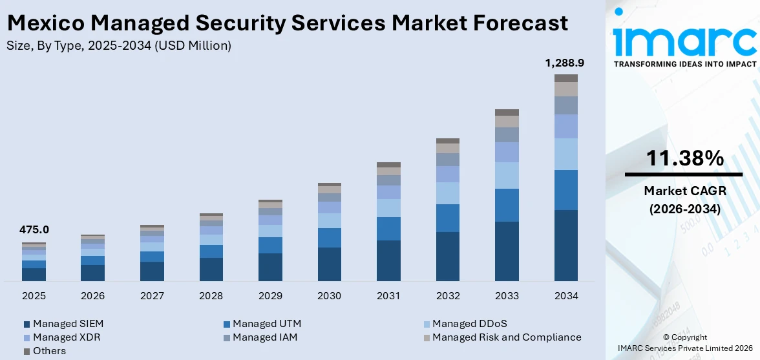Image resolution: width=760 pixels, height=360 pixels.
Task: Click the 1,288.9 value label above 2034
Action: click(x=565, y=63)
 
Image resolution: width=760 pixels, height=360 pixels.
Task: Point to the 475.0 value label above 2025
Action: click(x=34, y=230)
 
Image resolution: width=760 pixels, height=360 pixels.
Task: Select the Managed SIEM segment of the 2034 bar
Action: click(x=566, y=246)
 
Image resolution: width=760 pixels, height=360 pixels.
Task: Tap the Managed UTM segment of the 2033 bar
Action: click(x=507, y=205)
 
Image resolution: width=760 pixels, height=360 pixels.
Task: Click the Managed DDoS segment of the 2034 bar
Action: click(x=566, y=154)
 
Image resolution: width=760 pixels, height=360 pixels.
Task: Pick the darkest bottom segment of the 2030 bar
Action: click(x=329, y=264)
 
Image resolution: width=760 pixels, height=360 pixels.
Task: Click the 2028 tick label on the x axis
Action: click(x=211, y=296)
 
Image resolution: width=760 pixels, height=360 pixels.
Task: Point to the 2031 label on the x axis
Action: click(x=388, y=296)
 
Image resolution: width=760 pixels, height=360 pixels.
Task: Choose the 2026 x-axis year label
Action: click(x=93, y=296)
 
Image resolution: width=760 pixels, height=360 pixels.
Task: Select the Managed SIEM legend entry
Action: click(x=68, y=324)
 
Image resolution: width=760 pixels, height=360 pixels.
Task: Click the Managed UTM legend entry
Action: click(x=266, y=324)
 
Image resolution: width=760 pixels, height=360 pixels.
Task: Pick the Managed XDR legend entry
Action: click(x=67, y=337)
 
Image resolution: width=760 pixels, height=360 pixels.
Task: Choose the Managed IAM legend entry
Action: click(x=265, y=337)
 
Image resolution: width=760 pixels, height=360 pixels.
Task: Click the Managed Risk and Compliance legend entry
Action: click(x=506, y=337)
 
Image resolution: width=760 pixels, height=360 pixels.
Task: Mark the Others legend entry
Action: click(x=49, y=351)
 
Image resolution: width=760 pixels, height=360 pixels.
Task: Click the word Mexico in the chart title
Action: click(x=45, y=23)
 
